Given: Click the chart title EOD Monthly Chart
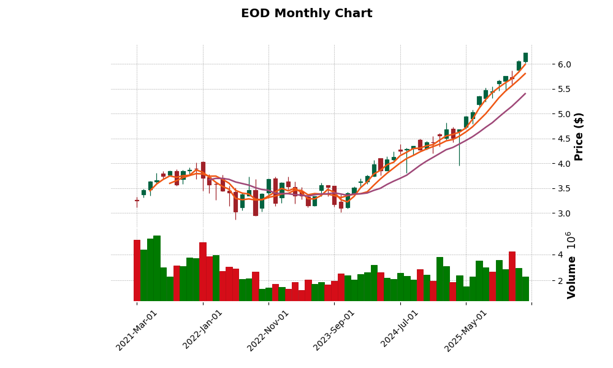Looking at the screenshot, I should coord(306,13).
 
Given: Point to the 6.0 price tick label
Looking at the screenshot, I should coord(564,64).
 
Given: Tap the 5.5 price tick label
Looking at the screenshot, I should coord(564,89).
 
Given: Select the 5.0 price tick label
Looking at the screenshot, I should coord(564,114).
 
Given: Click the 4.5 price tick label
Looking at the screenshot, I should coord(564,139).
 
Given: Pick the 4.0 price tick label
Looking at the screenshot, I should coord(564,164).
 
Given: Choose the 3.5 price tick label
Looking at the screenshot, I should coord(564,188).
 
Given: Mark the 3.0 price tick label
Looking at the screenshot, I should coord(564,213).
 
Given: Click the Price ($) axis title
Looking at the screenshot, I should coord(579,136).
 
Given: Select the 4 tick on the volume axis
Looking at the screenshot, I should coord(560,255).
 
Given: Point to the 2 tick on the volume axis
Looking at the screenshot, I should coord(560,280).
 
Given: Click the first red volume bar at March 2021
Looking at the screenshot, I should coord(137,270).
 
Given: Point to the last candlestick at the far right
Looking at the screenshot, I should coord(525,57).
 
